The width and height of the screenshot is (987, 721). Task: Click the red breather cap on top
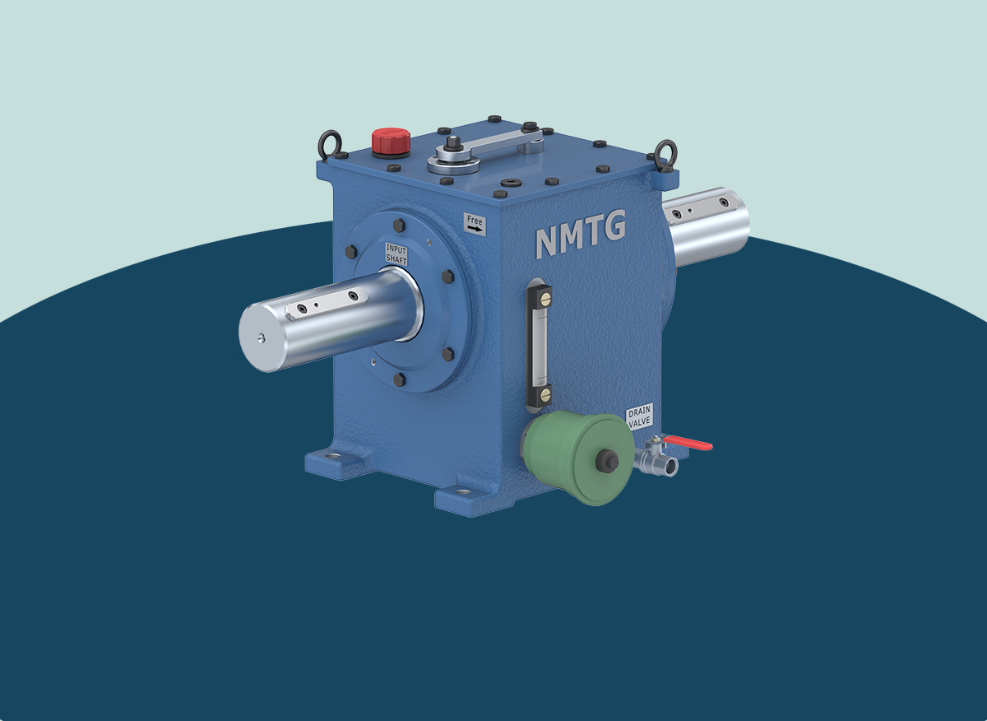[x=390, y=141]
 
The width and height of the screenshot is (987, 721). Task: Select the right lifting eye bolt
[x=665, y=152]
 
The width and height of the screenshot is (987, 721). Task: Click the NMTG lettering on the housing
[x=581, y=235]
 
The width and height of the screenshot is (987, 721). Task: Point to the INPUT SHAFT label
[x=396, y=254]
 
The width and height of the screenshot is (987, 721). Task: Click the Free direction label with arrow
[x=475, y=224]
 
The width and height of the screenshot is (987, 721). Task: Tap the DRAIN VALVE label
[x=639, y=417]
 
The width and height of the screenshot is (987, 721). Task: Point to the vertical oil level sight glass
[x=539, y=345]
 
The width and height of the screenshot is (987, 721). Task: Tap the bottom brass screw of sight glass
[x=544, y=397]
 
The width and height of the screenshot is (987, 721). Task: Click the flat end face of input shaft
[x=260, y=336]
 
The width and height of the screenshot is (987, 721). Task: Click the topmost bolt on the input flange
[x=400, y=226]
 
